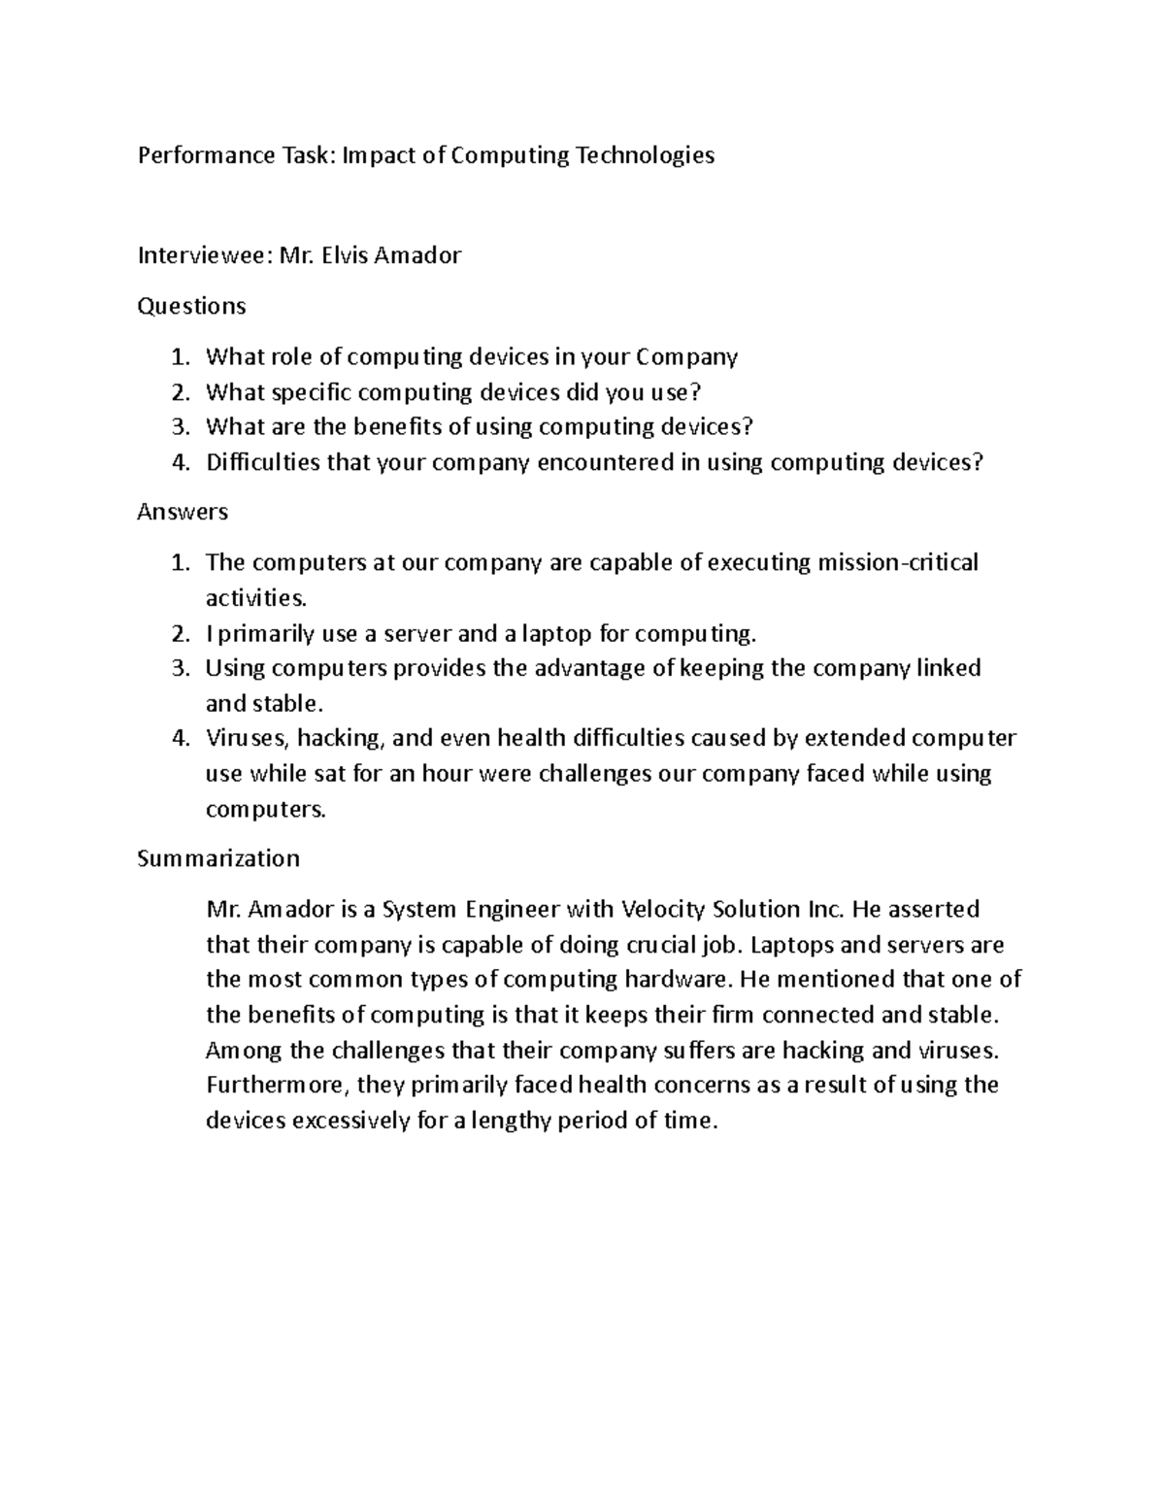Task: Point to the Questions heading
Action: click(x=191, y=306)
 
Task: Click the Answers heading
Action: click(x=183, y=512)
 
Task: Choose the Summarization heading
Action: click(x=218, y=858)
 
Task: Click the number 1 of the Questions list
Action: click(x=177, y=357)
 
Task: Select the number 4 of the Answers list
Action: click(x=177, y=739)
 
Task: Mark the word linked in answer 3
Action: click(x=949, y=669)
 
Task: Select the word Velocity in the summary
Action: click(x=663, y=910)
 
